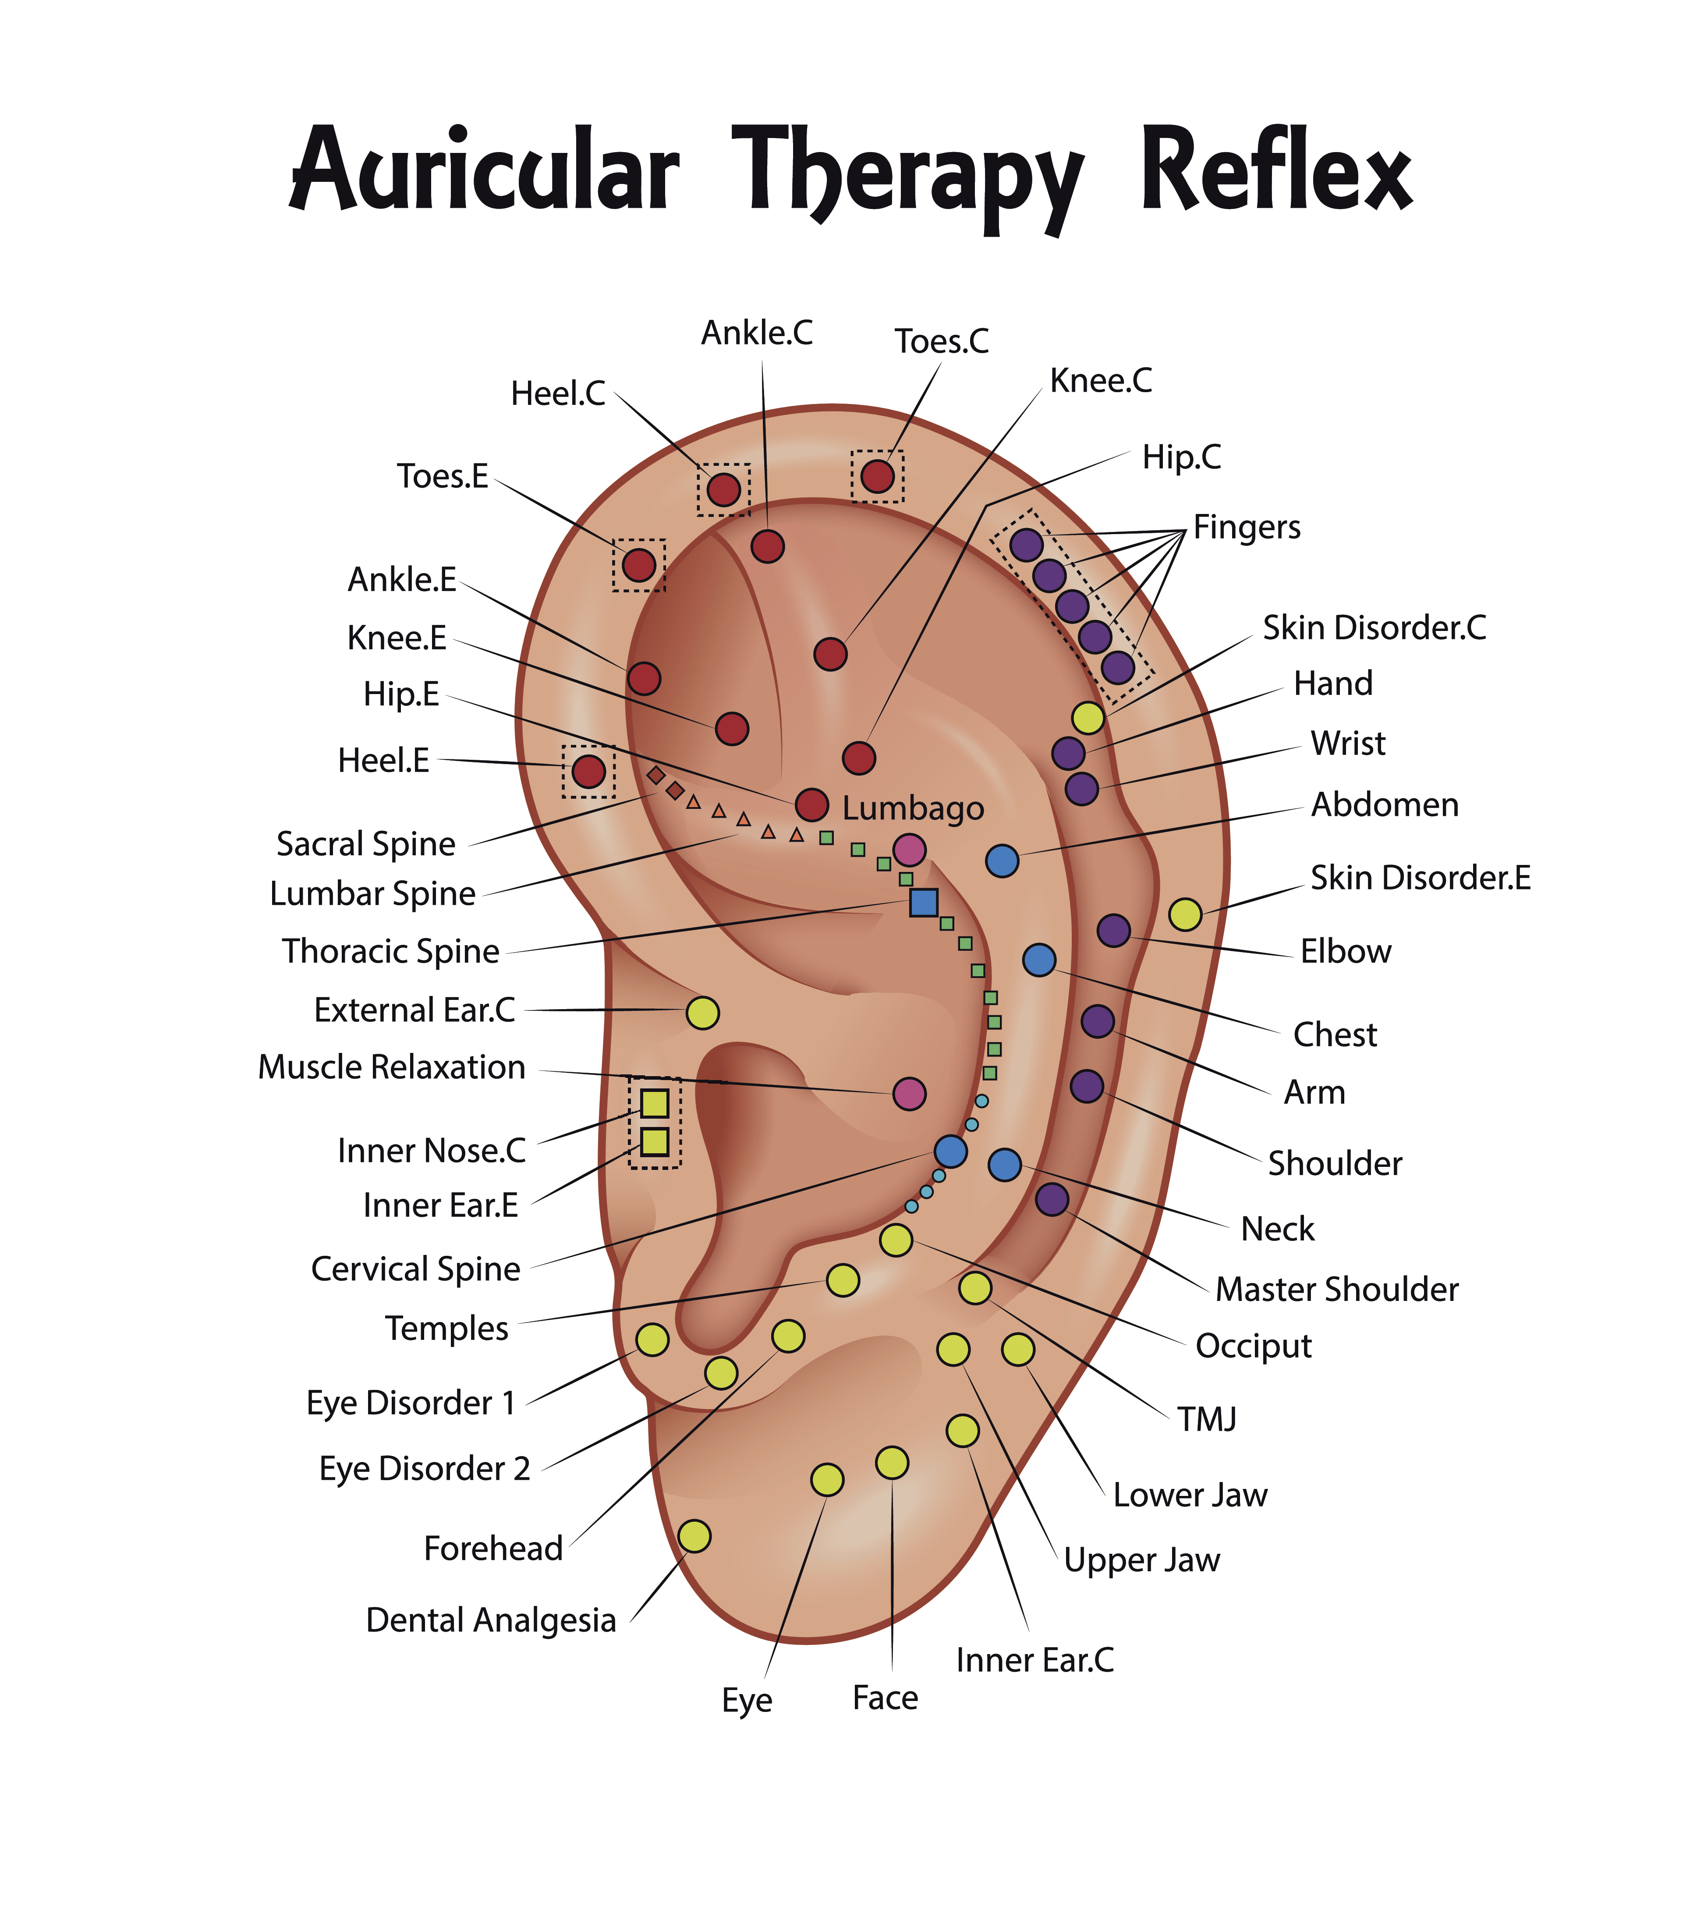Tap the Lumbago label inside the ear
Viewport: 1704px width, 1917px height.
(x=913, y=808)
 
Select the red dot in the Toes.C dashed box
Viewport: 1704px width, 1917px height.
(x=877, y=476)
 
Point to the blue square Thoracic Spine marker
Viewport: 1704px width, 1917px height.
(x=924, y=902)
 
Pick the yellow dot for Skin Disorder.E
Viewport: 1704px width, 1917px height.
(x=1184, y=914)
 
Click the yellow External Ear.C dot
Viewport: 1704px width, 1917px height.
(x=702, y=1013)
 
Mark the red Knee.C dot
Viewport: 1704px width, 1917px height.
(x=830, y=654)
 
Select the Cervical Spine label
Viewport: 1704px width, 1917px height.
(x=415, y=1269)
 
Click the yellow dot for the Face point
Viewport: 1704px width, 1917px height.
(x=892, y=1462)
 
